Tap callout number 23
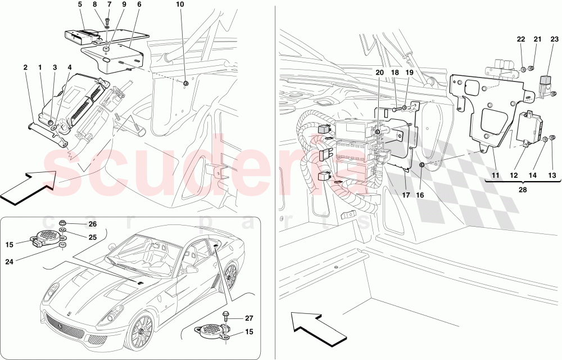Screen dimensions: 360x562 (x=554, y=39)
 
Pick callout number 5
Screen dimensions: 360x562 (x=80, y=4)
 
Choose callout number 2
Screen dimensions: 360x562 (x=26, y=67)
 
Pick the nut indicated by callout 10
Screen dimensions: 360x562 (x=185, y=84)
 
